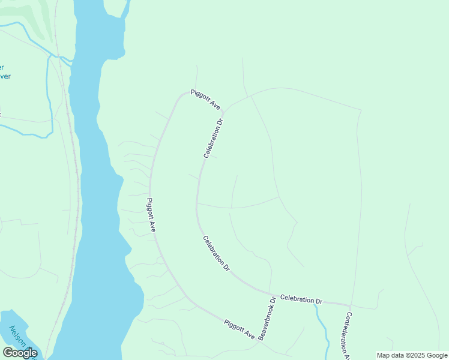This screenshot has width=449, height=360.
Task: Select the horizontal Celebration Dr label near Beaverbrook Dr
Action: point(301,299)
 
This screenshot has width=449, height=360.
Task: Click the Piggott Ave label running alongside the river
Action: point(152,215)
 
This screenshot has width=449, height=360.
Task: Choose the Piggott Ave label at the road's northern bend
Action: point(205,99)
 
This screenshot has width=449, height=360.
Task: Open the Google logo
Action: point(20,353)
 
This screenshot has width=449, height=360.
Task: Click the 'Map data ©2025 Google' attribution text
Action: point(412,355)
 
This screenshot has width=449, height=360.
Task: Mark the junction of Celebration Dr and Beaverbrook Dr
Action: point(270,294)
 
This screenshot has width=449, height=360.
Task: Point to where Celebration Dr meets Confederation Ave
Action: point(350,305)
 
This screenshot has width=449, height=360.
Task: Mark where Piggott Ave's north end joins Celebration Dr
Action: point(223,112)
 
